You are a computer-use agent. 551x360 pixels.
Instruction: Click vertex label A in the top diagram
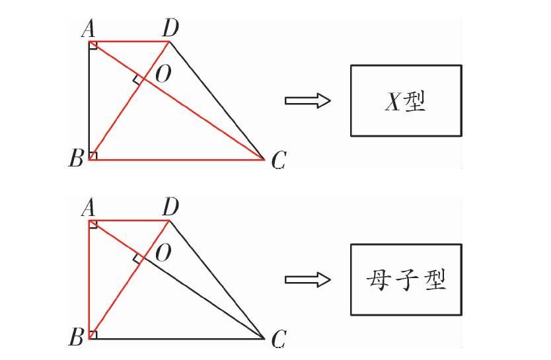(x=87, y=28)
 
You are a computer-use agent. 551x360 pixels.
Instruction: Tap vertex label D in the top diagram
(x=171, y=28)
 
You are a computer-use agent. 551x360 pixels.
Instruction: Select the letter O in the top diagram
(x=163, y=75)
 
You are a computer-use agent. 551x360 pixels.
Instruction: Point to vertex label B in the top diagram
(x=76, y=159)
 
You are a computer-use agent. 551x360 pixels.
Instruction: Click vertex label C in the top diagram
(x=278, y=159)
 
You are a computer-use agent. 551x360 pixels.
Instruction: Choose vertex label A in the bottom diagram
(x=87, y=208)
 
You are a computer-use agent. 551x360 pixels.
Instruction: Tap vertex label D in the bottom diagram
(x=171, y=208)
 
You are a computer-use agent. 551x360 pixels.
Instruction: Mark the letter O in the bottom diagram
(x=163, y=253)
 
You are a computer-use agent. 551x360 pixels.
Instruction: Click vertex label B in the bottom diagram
(x=76, y=338)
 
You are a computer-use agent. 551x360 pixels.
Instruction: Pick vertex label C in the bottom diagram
(x=278, y=339)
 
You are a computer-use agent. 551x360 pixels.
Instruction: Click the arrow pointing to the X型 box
(x=307, y=100)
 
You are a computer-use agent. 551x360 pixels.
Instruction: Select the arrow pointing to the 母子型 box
(x=307, y=280)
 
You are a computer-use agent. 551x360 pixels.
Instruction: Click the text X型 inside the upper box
(x=406, y=101)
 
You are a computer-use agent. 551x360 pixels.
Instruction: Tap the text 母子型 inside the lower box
(x=406, y=281)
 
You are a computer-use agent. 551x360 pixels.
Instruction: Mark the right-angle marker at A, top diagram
(x=93, y=45)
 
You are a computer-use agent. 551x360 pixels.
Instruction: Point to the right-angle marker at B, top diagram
(x=93, y=156)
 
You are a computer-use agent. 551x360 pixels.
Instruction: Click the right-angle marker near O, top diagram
(x=138, y=80)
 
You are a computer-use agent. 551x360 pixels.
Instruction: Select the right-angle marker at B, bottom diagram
(x=93, y=335)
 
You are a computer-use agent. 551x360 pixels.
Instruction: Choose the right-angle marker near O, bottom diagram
(x=138, y=259)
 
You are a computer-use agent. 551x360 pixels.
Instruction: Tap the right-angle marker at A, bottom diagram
(x=93, y=225)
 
